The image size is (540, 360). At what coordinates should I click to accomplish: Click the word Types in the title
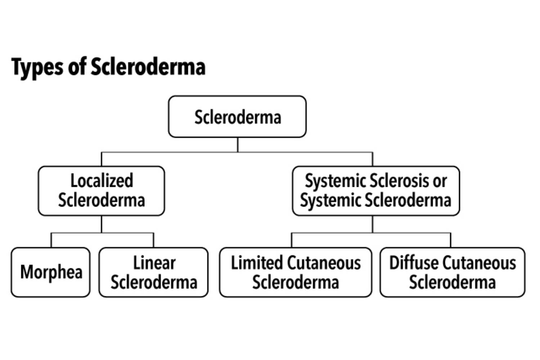37,67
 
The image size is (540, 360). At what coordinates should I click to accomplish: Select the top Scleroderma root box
237,117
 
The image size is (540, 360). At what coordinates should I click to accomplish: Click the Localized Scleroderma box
101,191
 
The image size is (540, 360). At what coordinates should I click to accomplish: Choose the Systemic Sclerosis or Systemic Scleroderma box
375,191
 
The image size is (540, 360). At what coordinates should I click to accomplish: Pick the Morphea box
51,272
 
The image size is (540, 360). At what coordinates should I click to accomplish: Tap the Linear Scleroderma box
154,272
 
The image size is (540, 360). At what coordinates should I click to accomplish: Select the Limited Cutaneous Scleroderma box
295,272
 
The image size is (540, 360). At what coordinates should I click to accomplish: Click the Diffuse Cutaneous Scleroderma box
452,272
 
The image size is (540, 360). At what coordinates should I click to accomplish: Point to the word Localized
102,181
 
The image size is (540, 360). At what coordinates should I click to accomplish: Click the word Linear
154,263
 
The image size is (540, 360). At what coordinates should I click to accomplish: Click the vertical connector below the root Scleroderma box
238,145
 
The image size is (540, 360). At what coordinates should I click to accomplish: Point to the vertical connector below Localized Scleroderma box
102,224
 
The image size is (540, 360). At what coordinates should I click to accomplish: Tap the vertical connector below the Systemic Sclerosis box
373,224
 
